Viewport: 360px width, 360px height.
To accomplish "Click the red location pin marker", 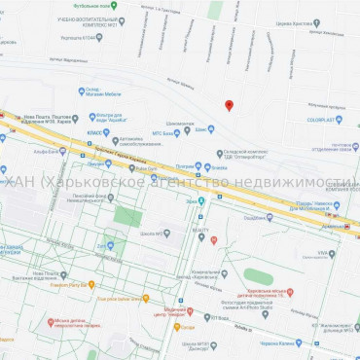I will tap(229, 105).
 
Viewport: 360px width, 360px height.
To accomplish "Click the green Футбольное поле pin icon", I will tap(114, 5).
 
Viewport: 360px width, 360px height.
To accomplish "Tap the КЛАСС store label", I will tap(95, 131).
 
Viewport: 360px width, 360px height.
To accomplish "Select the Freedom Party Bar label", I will tap(68, 284).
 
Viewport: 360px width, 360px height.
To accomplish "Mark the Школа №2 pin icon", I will tap(166, 234).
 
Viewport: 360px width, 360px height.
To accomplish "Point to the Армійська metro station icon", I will tap(200, 201).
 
